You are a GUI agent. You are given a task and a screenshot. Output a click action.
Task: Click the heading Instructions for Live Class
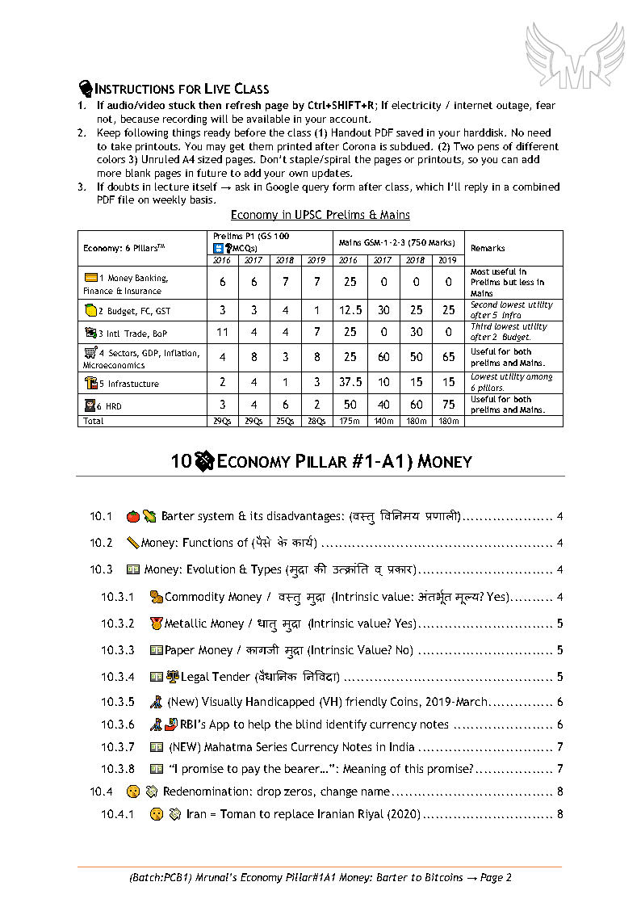(182, 89)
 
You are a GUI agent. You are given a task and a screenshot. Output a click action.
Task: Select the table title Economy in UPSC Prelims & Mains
(320, 215)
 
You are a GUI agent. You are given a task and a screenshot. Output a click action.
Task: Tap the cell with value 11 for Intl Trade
(222, 332)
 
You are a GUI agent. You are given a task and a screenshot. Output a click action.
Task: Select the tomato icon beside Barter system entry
(132, 516)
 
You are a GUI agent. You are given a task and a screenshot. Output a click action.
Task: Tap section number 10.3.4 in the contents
(118, 677)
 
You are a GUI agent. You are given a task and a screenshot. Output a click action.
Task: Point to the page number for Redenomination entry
(559, 792)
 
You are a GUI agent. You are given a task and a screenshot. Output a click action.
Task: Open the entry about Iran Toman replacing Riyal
(304, 814)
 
